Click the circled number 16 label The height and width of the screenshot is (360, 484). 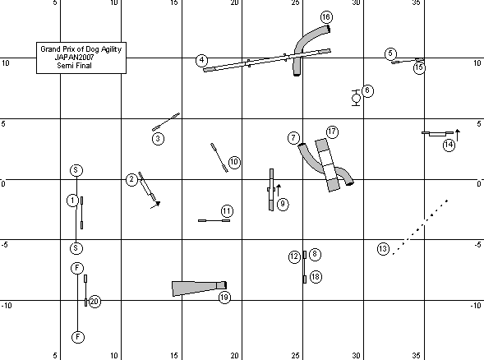326,17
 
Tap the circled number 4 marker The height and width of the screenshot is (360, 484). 201,60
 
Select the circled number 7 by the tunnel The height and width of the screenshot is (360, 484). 293,138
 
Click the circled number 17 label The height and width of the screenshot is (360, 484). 332,132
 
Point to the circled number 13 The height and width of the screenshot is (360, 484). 383,249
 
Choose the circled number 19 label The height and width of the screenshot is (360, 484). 224,298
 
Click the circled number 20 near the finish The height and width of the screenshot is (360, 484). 94,302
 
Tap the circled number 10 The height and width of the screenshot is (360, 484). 234,162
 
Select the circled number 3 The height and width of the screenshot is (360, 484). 158,139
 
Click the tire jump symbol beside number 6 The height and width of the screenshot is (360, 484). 356,98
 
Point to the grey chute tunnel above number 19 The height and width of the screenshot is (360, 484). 199,288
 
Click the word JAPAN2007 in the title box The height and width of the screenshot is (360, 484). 74,57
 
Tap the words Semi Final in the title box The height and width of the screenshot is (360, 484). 74,66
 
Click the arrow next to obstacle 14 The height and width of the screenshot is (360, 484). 458,136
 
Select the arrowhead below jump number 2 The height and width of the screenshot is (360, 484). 158,204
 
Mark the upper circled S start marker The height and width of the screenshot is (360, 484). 76,170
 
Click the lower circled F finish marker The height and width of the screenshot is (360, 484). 78,337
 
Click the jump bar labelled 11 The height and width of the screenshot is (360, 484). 214,220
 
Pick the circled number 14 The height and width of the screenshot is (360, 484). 449,145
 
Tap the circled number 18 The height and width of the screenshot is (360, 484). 316,277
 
